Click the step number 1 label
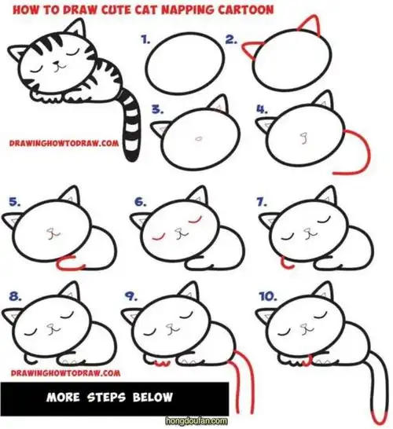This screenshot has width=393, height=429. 145,40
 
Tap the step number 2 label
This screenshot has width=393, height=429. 231,40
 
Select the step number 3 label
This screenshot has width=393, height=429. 158,109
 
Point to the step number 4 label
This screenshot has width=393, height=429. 262,109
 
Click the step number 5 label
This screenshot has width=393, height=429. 14,202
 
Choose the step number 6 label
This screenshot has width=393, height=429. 141,202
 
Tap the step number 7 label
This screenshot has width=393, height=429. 262,202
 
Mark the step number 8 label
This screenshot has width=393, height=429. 15,296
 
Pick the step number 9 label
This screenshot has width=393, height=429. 131,296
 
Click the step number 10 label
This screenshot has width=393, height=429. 268,296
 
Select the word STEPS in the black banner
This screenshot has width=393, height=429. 106,398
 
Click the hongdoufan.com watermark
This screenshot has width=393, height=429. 196,420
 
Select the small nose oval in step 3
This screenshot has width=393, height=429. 199,138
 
